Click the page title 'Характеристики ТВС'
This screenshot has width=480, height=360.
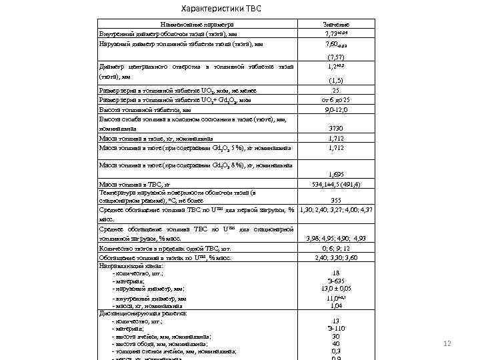tap(222, 9)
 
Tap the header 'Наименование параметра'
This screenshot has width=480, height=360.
tap(197, 25)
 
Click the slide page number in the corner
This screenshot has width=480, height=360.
tap(448, 343)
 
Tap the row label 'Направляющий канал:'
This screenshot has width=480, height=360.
tap(131, 265)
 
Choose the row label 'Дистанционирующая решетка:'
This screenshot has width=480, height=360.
tap(142, 313)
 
